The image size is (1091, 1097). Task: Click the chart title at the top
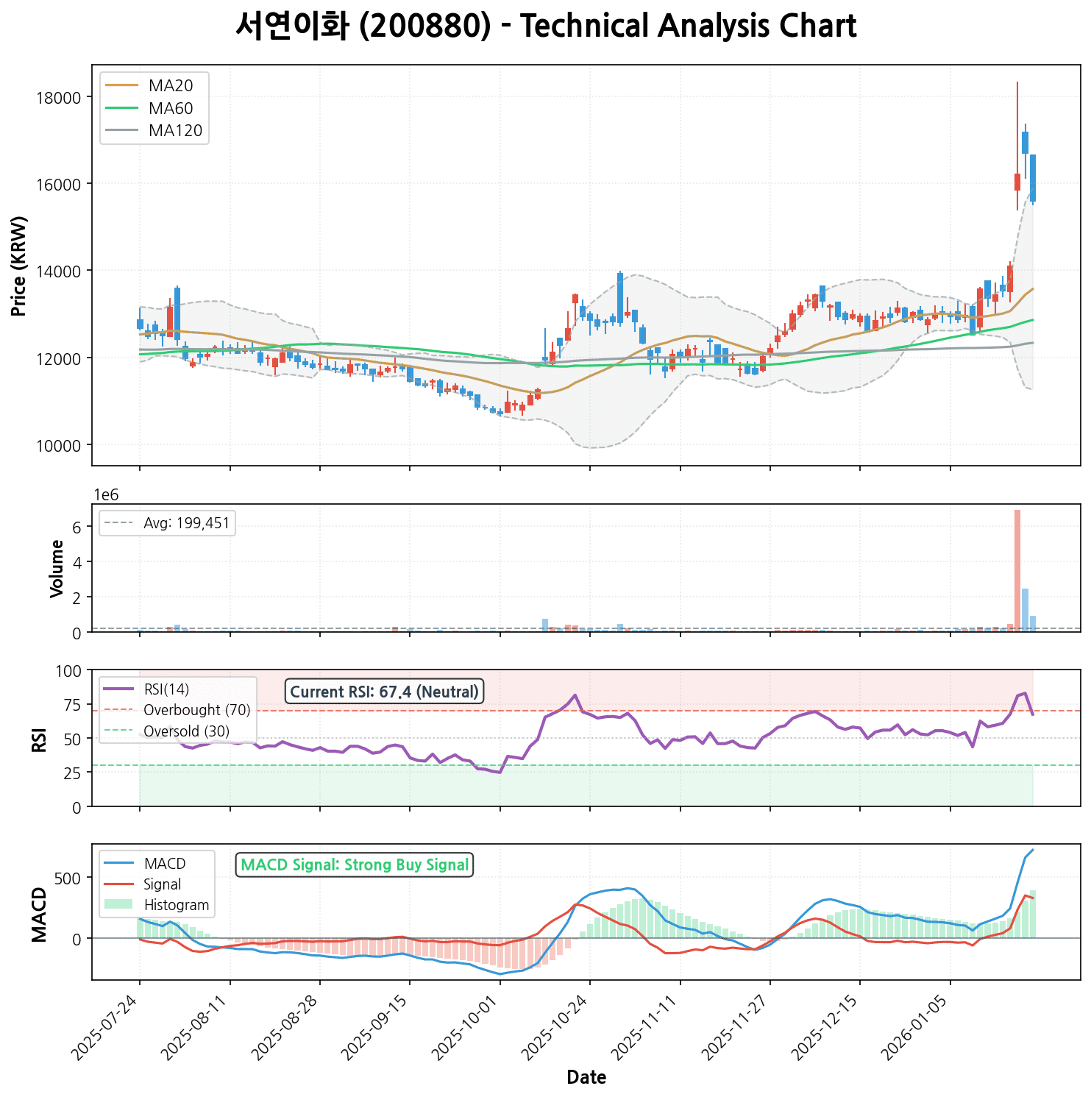(x=546, y=27)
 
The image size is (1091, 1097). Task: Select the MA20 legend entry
(x=170, y=85)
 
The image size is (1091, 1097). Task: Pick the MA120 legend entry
(x=175, y=131)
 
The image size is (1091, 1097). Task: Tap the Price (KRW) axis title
(x=20, y=266)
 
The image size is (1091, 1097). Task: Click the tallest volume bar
(x=1017, y=570)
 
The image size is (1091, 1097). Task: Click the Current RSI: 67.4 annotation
(x=384, y=692)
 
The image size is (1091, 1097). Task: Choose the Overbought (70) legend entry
(x=196, y=710)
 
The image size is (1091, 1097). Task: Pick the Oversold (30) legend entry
(x=186, y=731)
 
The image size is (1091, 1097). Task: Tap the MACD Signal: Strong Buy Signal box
(x=355, y=865)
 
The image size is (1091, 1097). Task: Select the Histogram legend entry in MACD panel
(x=177, y=905)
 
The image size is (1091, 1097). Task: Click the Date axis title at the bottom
(x=586, y=1078)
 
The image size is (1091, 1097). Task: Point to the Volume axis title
(x=57, y=569)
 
